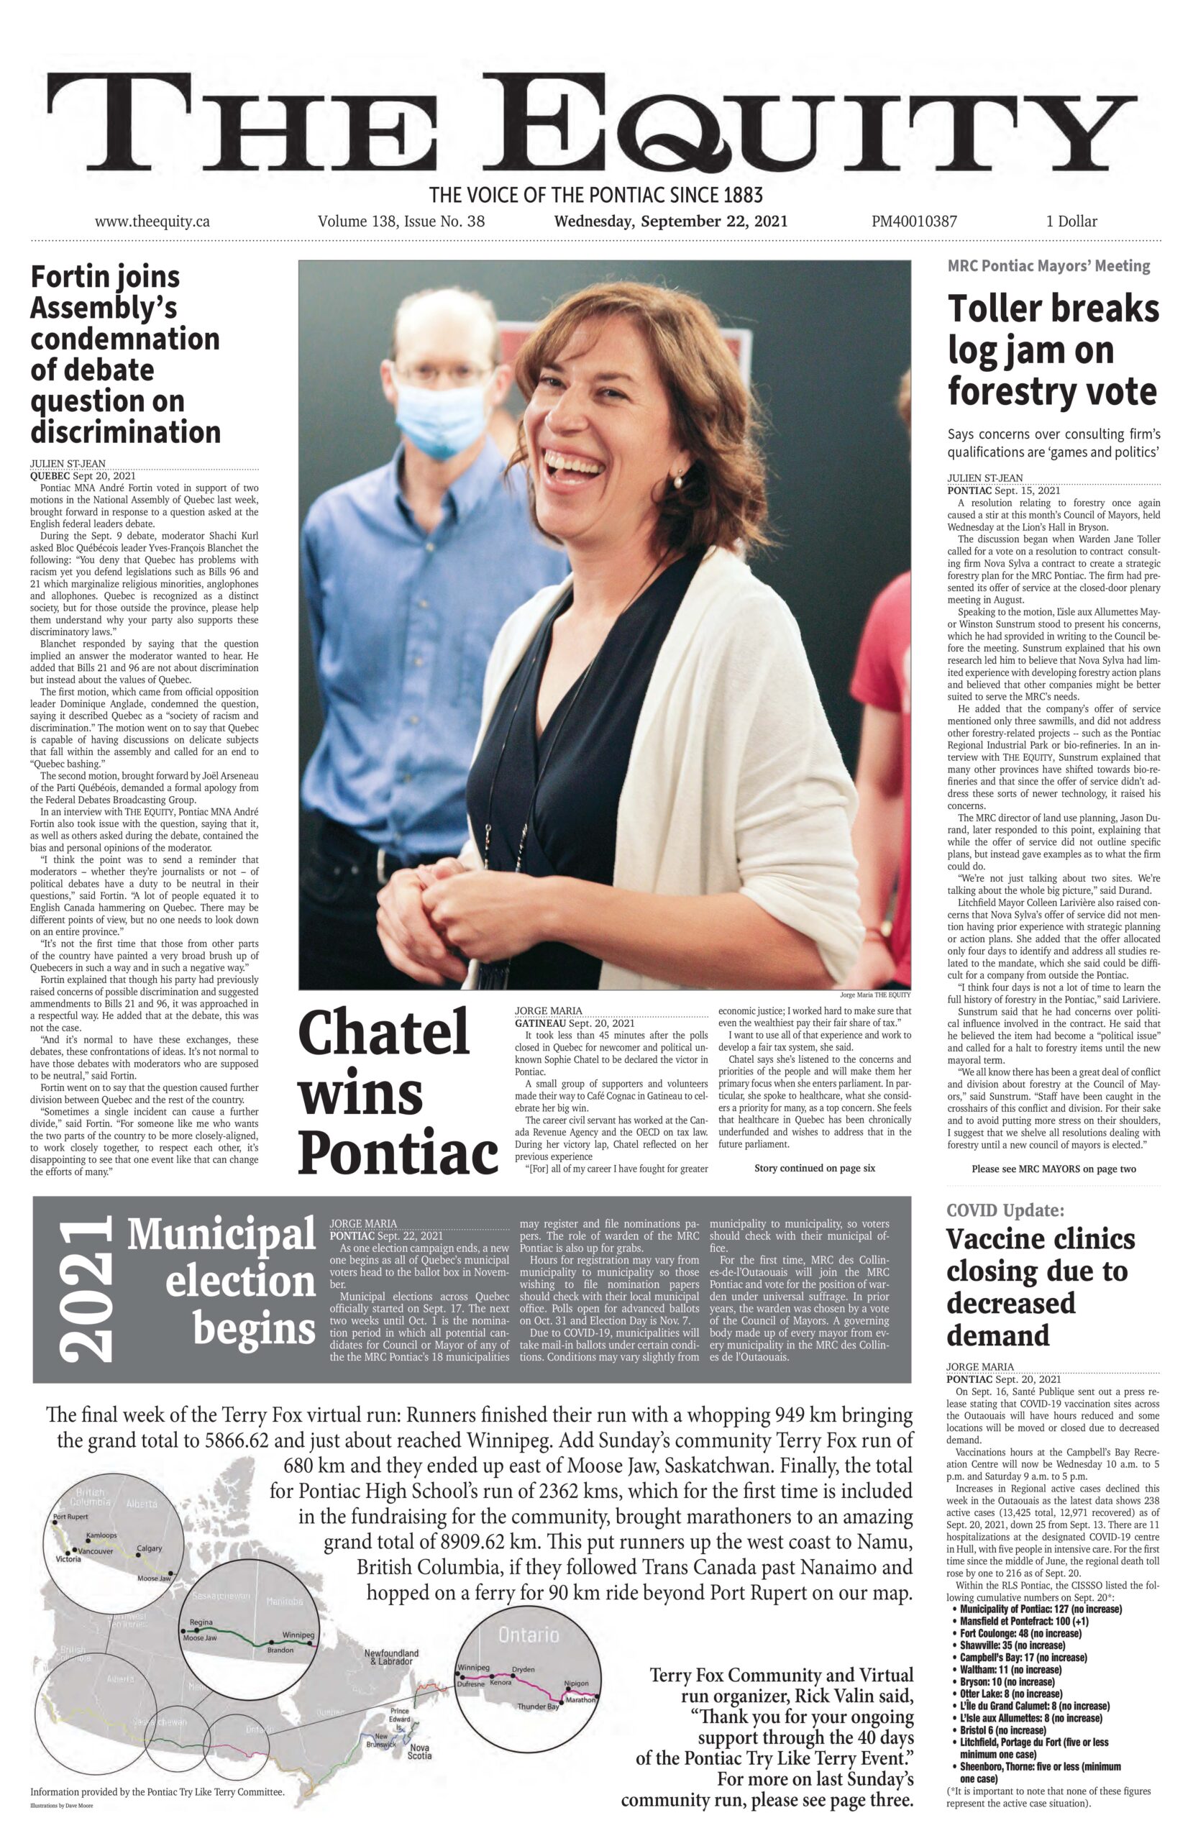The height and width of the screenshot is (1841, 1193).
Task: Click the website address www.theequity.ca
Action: [x=152, y=221]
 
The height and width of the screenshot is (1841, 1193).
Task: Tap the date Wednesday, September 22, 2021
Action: [x=670, y=221]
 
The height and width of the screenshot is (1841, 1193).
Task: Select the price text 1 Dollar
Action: [x=1071, y=221]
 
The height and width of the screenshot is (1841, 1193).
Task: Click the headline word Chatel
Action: [x=384, y=1033]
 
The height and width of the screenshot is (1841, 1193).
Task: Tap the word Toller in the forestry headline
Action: [x=997, y=309]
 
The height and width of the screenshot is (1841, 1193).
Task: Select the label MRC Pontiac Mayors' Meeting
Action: [x=1048, y=266]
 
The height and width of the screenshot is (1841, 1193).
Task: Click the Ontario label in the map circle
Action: [x=529, y=1635]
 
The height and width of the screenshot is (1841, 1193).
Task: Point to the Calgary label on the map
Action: [x=150, y=1548]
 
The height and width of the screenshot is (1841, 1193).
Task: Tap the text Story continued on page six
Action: [x=814, y=1168]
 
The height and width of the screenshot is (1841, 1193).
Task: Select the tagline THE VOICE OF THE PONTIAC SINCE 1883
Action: [x=595, y=194]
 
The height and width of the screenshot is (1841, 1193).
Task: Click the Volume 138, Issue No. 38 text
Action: [x=401, y=221]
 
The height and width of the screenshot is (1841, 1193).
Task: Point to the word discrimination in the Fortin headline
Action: [x=125, y=431]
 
